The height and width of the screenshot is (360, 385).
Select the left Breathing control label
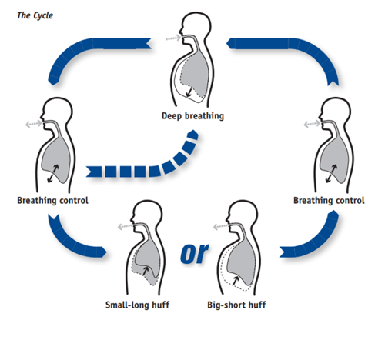click(52, 201)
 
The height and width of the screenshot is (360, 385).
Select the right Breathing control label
click(329, 201)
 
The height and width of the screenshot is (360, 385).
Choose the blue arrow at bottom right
click(312, 238)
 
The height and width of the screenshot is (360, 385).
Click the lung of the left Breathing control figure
click(54, 158)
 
